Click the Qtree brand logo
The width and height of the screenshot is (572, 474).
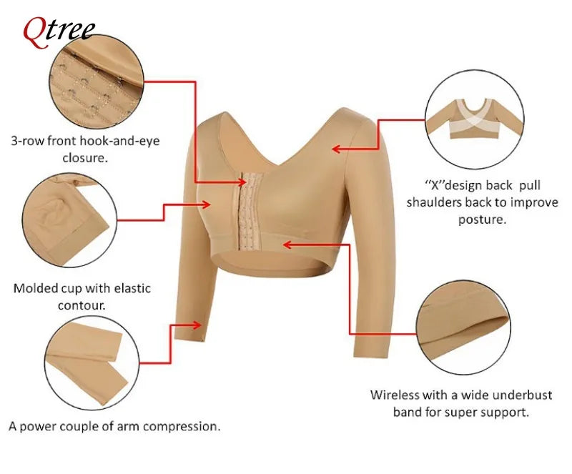point(59,32)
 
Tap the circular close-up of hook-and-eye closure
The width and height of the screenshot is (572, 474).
point(97,81)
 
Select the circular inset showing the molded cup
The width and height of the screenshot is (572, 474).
point(69,220)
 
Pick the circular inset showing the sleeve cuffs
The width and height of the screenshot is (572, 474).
point(92,363)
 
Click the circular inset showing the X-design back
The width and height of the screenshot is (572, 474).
point(475,119)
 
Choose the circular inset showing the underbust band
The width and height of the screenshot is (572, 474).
point(463,327)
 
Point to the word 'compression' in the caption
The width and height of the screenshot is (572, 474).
point(181,426)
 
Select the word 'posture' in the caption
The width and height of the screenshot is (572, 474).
point(481,219)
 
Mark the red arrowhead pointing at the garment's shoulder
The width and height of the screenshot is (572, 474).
point(336,149)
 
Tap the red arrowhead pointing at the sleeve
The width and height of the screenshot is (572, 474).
point(197,325)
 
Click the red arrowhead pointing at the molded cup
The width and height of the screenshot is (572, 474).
point(206,204)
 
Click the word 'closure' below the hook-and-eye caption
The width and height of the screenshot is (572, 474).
point(85,157)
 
